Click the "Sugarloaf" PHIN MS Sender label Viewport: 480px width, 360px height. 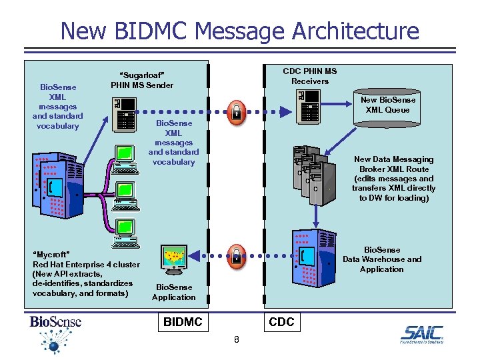coord(141,80)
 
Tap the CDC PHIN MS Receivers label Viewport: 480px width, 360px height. coord(309,76)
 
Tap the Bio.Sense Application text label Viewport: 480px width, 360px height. coord(173,292)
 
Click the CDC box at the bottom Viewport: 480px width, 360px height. coord(281,322)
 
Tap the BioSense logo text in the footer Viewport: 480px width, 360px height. coord(55,322)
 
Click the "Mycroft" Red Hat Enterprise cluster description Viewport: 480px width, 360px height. coord(86,274)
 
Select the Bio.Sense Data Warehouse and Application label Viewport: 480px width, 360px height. coord(382,259)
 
